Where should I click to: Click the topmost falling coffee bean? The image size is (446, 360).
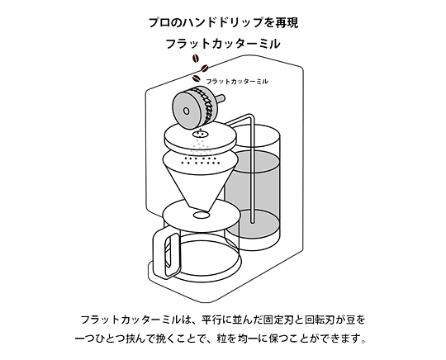click(x=196, y=59)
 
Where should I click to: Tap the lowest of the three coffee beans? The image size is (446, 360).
click(x=196, y=78)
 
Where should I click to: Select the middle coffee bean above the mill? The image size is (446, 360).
click(x=205, y=68)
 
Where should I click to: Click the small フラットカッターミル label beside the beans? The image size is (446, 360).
click(x=237, y=82)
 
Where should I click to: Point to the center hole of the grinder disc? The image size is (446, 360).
click(x=187, y=111)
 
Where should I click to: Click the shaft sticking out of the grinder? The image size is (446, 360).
click(x=221, y=98)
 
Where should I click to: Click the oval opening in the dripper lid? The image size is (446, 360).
click(x=201, y=133)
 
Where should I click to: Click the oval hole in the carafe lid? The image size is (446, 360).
click(x=202, y=215)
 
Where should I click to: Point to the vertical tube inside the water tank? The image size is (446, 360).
click(x=252, y=171)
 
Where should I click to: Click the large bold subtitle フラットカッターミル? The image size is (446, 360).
click(x=223, y=44)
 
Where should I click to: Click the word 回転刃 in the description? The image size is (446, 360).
click(x=319, y=320)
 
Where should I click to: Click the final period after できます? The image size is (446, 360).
click(x=363, y=341)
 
